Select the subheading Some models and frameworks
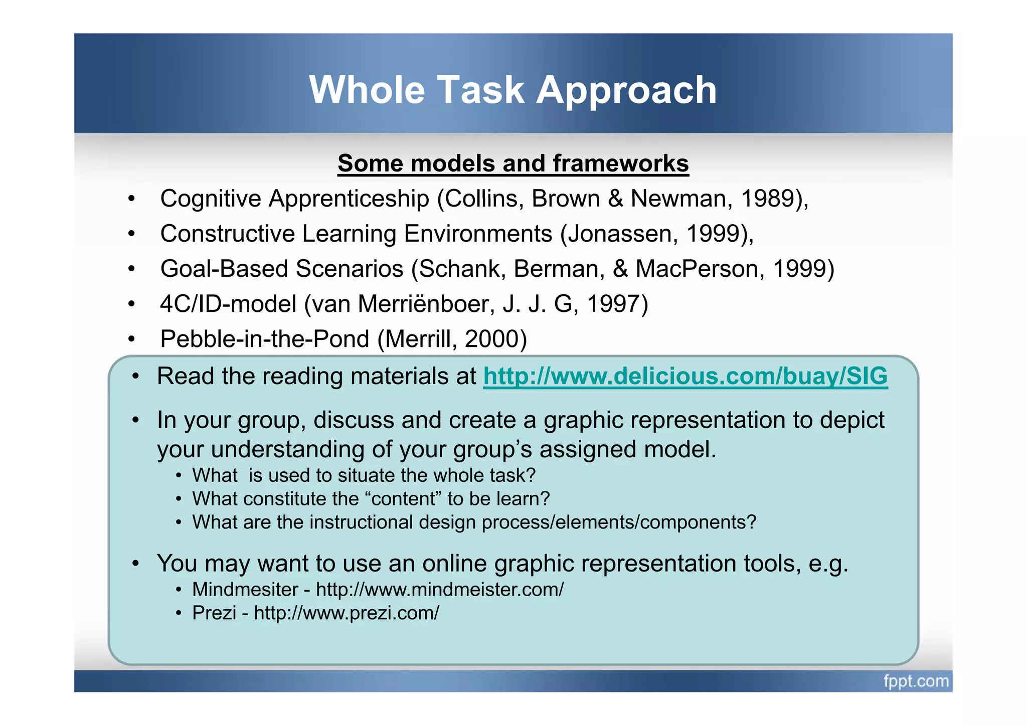pos(513,163)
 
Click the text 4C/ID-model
pos(228,304)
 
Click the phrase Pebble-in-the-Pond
pos(265,339)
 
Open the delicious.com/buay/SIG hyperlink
pos(685,376)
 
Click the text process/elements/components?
pos(619,522)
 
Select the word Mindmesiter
pos(245,589)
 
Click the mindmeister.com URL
pos(440,589)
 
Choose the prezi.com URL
pos(347,613)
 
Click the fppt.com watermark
pos(916,681)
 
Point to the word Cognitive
pos(211,199)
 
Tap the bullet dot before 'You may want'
pos(135,564)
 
